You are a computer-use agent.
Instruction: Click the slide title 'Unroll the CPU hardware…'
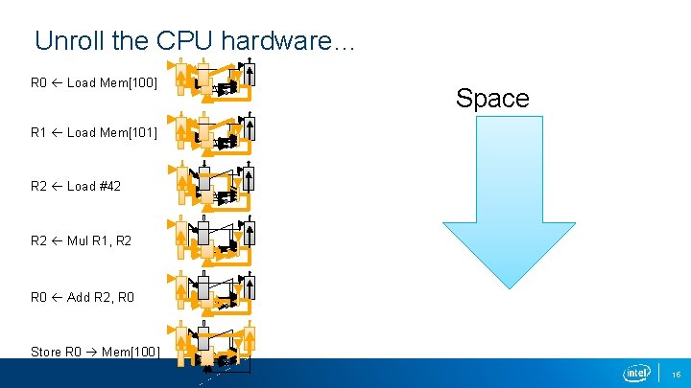click(195, 41)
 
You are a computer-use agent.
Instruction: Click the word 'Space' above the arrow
click(492, 98)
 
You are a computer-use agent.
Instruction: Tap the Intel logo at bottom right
click(636, 373)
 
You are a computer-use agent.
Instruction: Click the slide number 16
click(676, 374)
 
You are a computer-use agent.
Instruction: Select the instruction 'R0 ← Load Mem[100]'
click(94, 82)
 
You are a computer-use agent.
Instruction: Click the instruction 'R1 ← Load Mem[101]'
click(94, 132)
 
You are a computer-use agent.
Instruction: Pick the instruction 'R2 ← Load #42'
click(76, 186)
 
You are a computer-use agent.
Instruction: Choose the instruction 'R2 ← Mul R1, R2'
click(82, 240)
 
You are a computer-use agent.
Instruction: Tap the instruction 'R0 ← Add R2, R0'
click(83, 297)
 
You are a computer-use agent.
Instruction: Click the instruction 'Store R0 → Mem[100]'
click(94, 352)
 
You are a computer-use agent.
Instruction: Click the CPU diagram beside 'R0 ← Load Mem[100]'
click(215, 80)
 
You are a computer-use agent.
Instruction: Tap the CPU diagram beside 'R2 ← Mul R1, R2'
click(215, 240)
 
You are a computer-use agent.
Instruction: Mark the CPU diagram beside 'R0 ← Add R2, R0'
click(215, 294)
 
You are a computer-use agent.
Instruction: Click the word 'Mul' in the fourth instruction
click(78, 240)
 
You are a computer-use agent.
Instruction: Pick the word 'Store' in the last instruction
click(46, 352)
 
